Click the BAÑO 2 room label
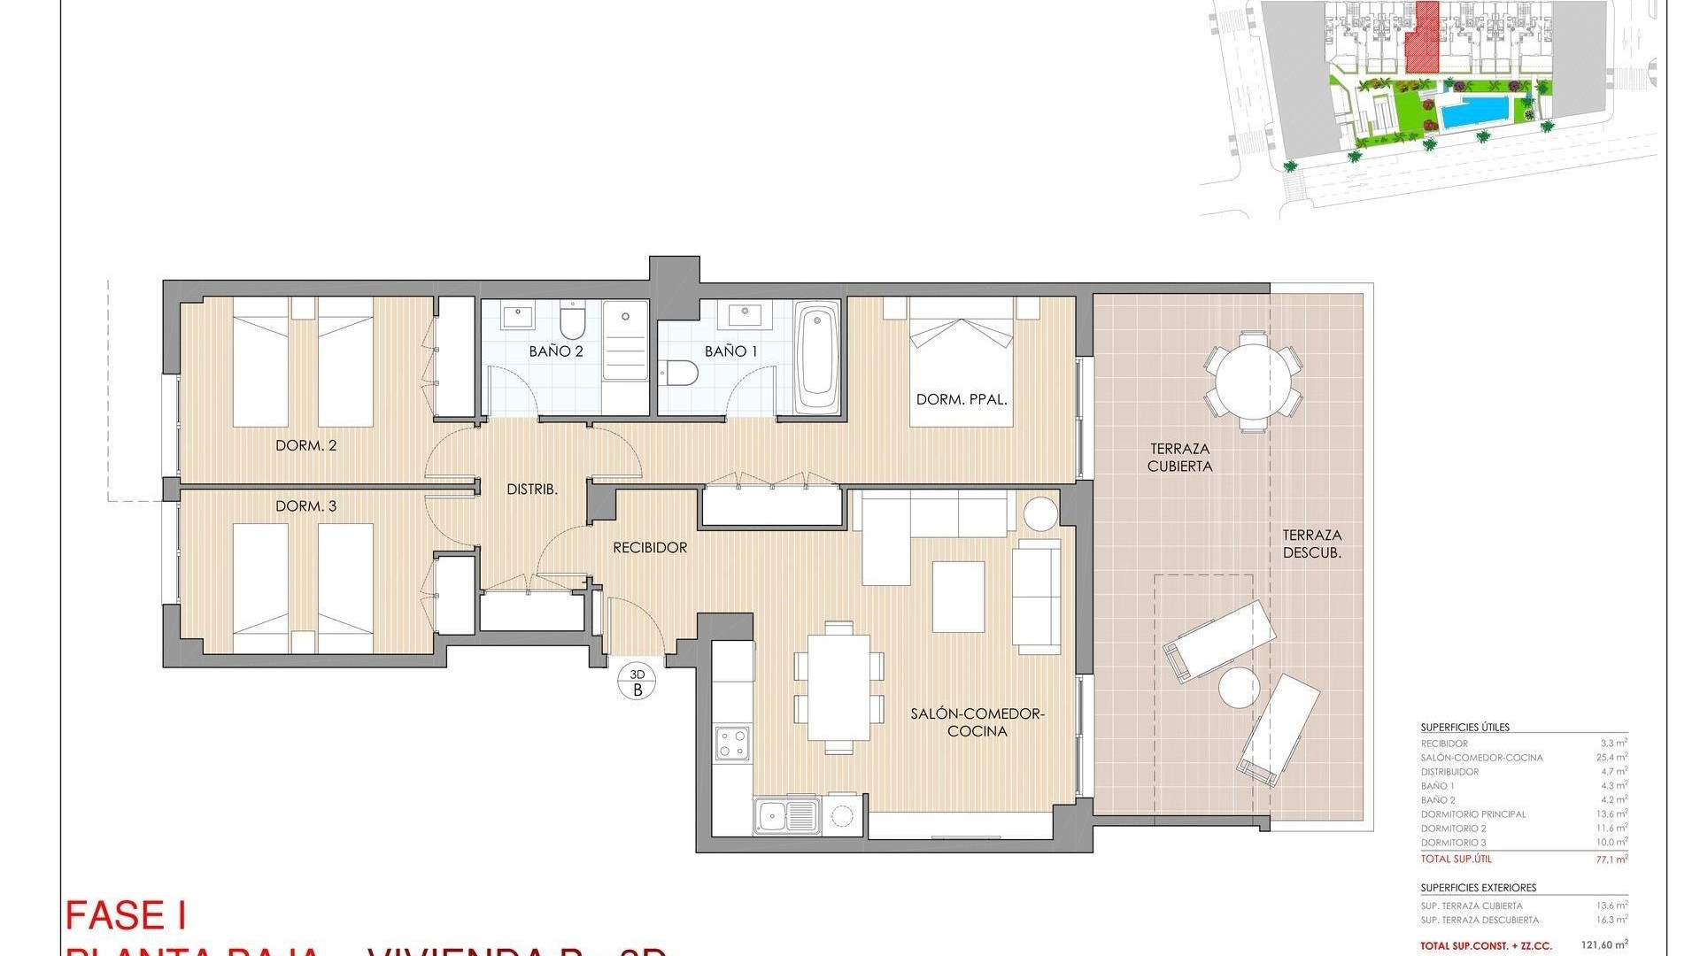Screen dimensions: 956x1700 point(556,351)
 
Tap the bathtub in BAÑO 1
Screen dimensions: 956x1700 point(816,358)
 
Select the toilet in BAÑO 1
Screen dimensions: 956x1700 point(680,374)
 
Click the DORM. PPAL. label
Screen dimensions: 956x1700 point(962,400)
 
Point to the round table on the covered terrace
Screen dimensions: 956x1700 point(1253,382)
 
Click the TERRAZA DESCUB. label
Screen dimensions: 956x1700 point(1312,544)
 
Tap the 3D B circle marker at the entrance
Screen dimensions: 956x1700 point(637,682)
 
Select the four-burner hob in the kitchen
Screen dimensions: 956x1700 point(733,742)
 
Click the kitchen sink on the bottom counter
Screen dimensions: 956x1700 point(785,814)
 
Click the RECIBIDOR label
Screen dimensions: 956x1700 point(650,548)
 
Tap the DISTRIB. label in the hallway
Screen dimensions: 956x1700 point(531,490)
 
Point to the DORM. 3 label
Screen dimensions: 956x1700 point(305,506)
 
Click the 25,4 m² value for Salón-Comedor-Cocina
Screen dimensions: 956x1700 point(1614,758)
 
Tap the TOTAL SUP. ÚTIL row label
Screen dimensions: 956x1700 point(1456,860)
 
